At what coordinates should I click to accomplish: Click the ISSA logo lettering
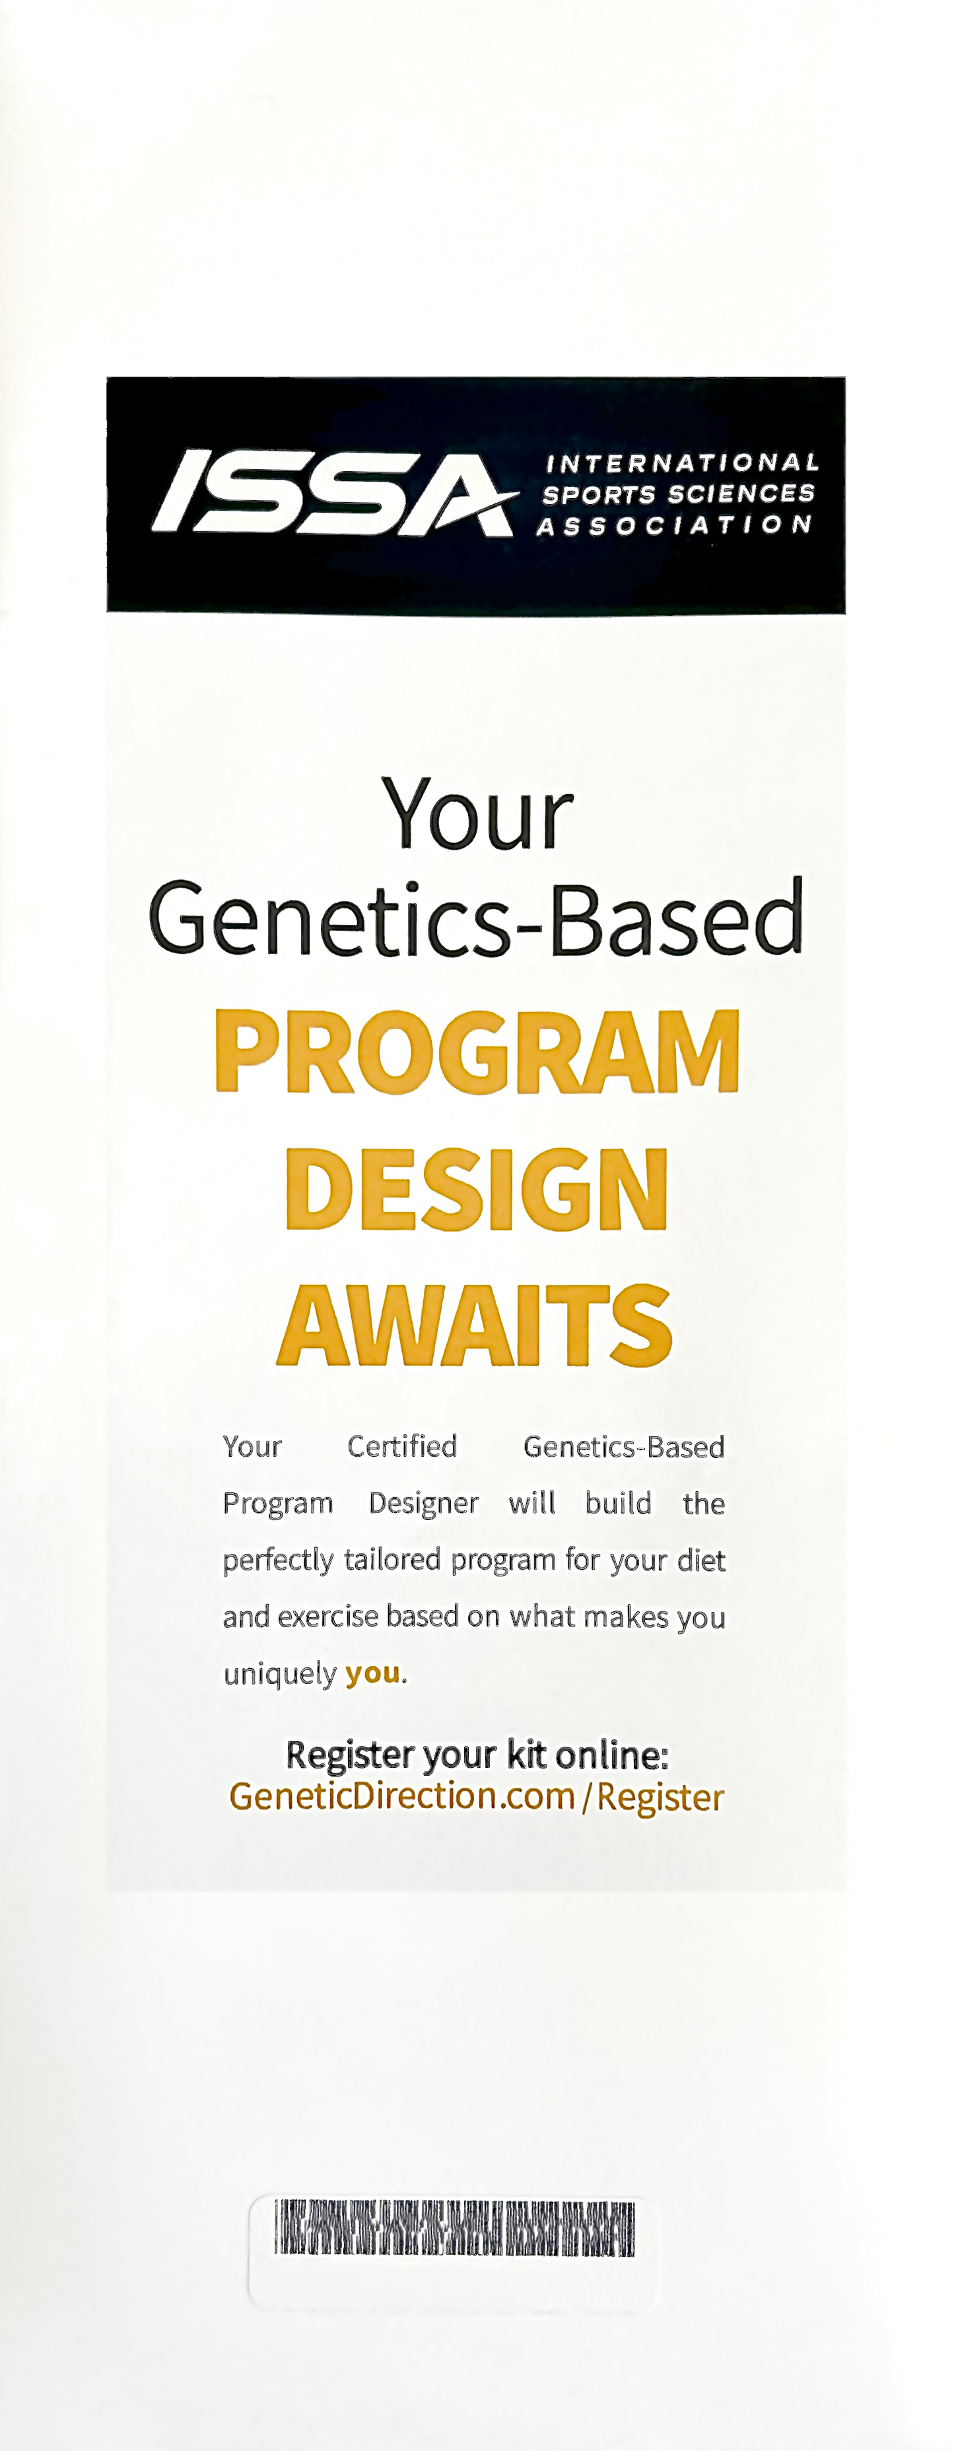[x=333, y=492]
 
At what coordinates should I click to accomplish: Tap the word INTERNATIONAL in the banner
[x=681, y=463]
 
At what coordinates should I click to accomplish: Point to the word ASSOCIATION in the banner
[x=673, y=525]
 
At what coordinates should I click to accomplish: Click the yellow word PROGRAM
[x=477, y=1052]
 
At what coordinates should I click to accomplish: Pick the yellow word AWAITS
[x=475, y=1325]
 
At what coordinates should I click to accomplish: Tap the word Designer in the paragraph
[x=423, y=1504]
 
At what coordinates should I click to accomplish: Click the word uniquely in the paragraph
[x=280, y=1673]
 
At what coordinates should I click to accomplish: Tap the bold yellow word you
[x=372, y=1673]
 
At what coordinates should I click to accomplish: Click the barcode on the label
[x=455, y=2228]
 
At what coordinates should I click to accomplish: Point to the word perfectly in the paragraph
[x=278, y=1560]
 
